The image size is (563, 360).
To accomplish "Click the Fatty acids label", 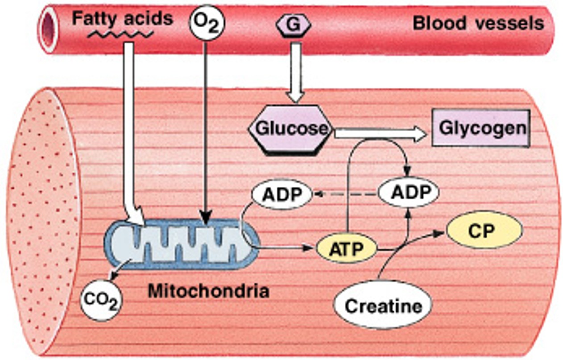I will pos(122,19).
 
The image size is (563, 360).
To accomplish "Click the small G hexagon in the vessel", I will pos(294,25).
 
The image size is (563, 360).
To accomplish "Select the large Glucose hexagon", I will pos(291,129).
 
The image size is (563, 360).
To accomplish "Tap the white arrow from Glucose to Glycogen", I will pos(379,133).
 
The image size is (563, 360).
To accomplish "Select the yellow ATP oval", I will pos(347,249).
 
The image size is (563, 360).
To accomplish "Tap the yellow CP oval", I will pos(484,230).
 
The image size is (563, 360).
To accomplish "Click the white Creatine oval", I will pos(383,306).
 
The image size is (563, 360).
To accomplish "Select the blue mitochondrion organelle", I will pos(181,243).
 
